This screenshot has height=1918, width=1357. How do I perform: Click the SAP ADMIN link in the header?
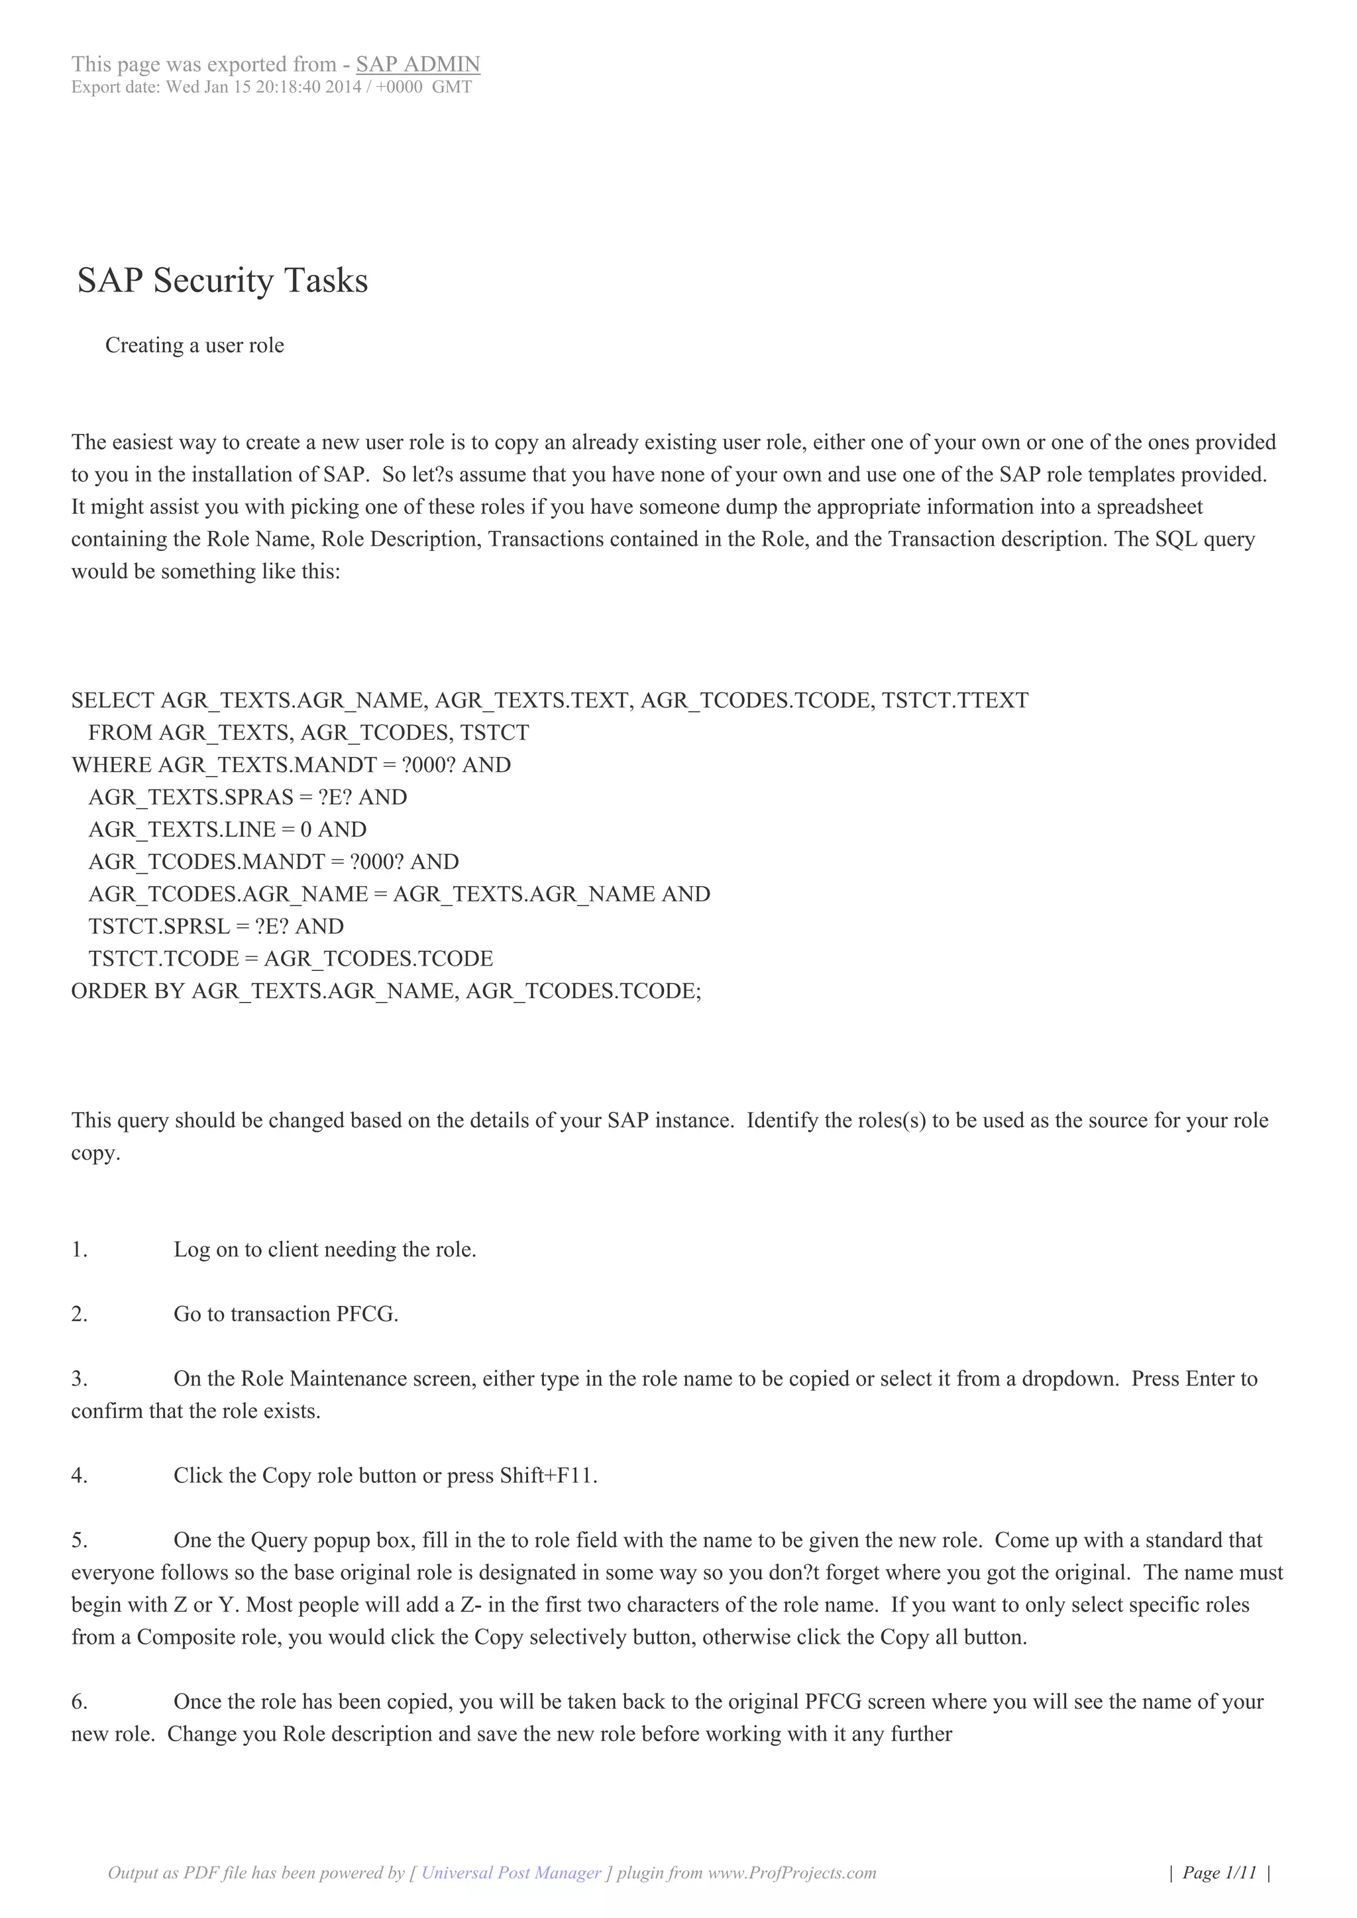coord(418,64)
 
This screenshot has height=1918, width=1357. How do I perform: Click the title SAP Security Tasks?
coord(222,281)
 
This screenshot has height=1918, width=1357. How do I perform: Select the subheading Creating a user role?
coord(195,346)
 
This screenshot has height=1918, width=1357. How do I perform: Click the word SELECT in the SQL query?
coord(113,700)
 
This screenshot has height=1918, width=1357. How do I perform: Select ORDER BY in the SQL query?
coord(129,991)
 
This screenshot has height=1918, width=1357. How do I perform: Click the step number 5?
coord(80,1540)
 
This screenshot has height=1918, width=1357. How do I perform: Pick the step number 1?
coord(80,1250)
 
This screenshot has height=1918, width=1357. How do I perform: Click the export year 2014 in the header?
coord(345,87)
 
